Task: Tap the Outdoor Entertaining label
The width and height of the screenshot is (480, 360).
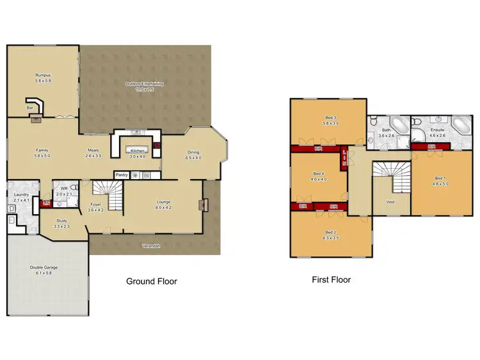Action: [x=144, y=84]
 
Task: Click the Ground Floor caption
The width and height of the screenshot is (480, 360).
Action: [x=152, y=281]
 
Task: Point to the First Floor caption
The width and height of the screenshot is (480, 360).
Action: [x=331, y=279]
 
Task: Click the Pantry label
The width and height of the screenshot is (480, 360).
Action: [x=121, y=175]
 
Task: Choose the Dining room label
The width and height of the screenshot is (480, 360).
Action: [x=193, y=153]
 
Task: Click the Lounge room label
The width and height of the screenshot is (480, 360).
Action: [x=163, y=202]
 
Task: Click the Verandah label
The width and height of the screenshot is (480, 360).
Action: [x=150, y=245]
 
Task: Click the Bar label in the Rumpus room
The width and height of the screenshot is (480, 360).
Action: [x=29, y=108]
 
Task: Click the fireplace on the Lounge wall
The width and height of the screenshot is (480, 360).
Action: [x=204, y=205]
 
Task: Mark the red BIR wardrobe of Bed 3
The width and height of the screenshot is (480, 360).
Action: [x=318, y=148]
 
